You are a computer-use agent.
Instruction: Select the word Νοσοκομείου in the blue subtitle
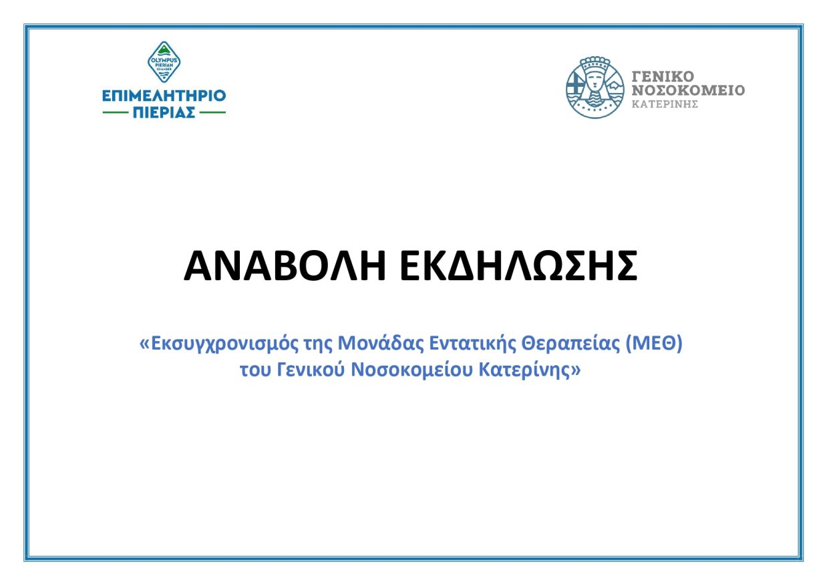(x=410, y=370)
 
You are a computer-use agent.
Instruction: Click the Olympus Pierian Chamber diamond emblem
(x=164, y=62)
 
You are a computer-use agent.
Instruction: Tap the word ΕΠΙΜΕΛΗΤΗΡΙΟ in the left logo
(x=164, y=96)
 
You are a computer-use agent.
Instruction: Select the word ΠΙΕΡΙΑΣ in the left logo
(x=164, y=112)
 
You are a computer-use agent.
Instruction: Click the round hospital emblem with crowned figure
(x=595, y=88)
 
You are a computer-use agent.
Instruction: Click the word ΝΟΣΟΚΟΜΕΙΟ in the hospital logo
(x=688, y=90)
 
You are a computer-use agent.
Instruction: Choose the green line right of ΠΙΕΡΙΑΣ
(x=213, y=112)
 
